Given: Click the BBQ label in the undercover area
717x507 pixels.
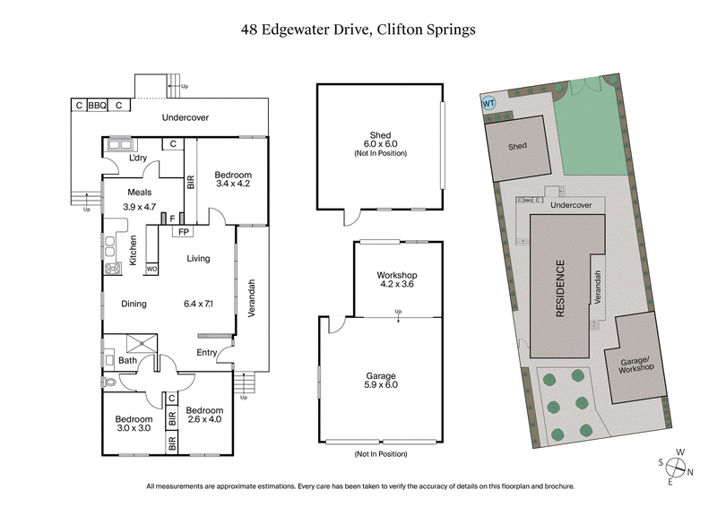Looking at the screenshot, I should click(x=97, y=105).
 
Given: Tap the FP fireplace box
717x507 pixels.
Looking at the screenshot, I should click(x=183, y=231).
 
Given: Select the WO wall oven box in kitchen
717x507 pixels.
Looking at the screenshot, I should click(x=151, y=268).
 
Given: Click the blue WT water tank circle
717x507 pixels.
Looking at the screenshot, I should click(x=488, y=103).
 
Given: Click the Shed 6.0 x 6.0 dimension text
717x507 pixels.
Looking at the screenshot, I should click(x=380, y=144).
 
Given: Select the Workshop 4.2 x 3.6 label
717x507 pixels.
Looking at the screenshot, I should click(x=396, y=279).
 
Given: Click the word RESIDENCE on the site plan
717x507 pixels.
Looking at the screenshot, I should click(x=560, y=288).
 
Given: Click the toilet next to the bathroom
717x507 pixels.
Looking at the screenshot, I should click(x=108, y=382).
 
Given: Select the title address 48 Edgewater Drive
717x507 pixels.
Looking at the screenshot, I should click(x=358, y=29).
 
